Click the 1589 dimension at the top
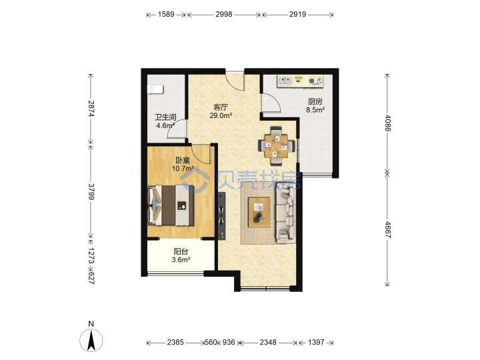tap(166, 15)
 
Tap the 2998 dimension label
tap(224, 15)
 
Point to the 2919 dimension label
tap(297, 15)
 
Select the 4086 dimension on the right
tap(388, 123)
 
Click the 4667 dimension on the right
tap(388, 229)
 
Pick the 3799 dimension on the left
tap(91, 191)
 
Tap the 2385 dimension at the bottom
tap(175, 342)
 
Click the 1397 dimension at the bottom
tap(316, 342)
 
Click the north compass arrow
tap(91, 341)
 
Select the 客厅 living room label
tap(221, 107)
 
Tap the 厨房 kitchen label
tap(315, 101)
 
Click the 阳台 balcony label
tap(181, 251)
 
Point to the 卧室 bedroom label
tap(183, 160)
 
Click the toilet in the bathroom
tap(155, 89)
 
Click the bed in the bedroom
tap(171, 205)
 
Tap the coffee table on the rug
tap(259, 213)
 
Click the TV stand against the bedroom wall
tap(221, 216)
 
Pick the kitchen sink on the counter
tap(285, 81)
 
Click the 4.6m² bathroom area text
tap(165, 125)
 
